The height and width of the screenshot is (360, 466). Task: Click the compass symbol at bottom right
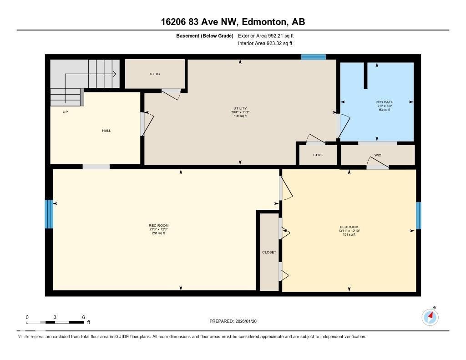click(430, 317)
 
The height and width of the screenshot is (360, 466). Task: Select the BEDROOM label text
click(349, 227)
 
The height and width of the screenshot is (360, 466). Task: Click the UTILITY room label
click(240, 108)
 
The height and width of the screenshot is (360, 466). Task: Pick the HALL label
click(106, 131)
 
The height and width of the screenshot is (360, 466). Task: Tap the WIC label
click(377, 155)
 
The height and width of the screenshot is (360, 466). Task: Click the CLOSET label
click(269, 252)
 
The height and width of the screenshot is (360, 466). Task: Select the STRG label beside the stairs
click(155, 74)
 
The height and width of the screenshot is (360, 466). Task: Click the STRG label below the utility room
click(318, 155)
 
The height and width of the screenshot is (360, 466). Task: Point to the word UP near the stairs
click(65, 112)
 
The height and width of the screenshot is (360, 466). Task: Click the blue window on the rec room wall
click(49, 214)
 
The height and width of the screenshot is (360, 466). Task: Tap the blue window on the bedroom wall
click(418, 215)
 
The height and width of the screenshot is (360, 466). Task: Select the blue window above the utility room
click(313, 57)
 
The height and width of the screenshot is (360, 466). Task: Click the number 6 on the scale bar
click(83, 317)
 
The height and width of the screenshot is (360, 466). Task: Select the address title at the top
click(233, 21)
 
